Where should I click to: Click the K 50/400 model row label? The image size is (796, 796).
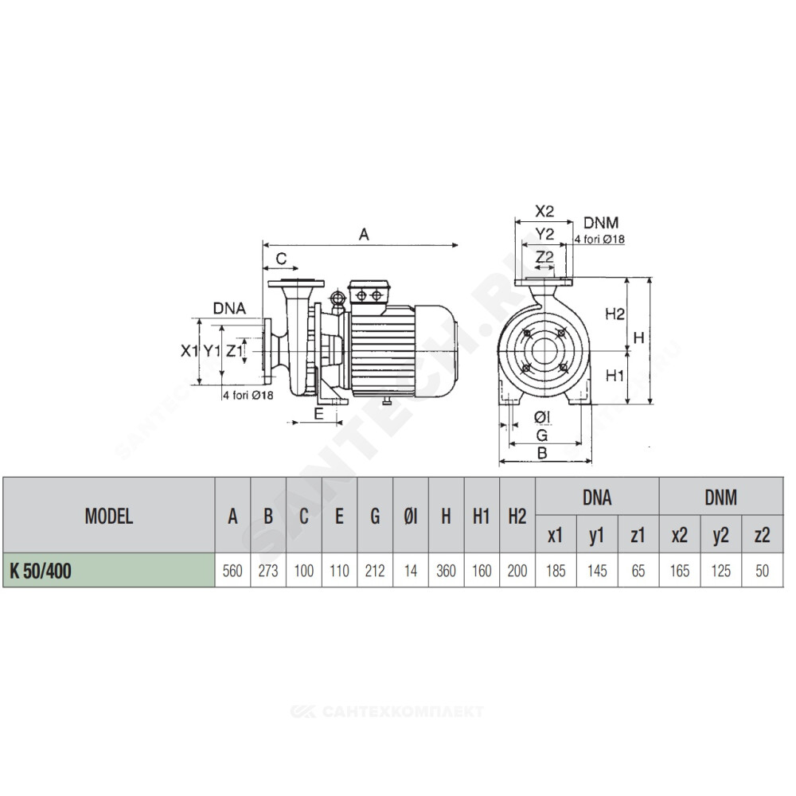[41, 571]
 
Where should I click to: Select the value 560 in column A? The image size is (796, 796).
[232, 571]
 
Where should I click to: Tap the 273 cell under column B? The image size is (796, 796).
[268, 571]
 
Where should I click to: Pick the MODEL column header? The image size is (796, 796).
[108, 517]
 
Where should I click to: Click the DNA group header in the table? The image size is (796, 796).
[597, 497]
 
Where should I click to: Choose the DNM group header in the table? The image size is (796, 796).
[721, 497]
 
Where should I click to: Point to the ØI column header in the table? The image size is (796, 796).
[410, 517]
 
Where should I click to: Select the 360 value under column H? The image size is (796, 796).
[446, 571]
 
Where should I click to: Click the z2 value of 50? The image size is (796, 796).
[762, 571]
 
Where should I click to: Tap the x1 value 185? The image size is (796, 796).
[556, 571]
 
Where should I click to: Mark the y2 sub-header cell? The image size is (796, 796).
[721, 535]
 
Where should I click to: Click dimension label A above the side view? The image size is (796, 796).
[364, 235]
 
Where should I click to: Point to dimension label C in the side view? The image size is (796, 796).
[281, 259]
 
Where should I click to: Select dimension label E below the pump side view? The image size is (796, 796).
[319, 414]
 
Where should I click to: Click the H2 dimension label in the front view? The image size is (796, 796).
[615, 314]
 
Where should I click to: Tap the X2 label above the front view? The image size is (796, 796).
[544, 211]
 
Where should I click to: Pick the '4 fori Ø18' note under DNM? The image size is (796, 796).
[599, 239]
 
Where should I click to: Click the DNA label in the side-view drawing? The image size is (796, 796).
[229, 308]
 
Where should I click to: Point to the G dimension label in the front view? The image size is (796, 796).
[542, 435]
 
